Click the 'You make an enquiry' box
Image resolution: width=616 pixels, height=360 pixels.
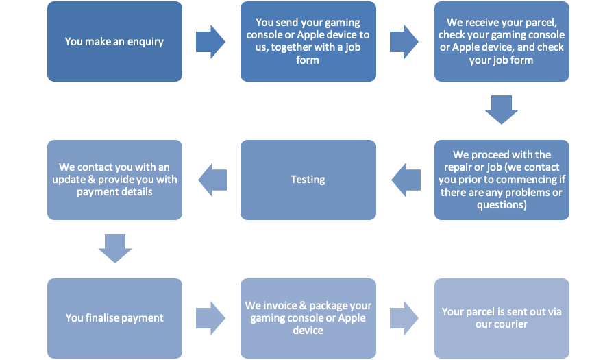(x=114, y=42)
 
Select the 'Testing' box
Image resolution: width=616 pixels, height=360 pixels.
(x=308, y=180)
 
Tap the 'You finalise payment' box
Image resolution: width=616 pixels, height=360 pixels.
(x=114, y=318)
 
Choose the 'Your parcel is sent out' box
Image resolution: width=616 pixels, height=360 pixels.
(x=502, y=318)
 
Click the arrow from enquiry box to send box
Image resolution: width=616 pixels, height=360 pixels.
(x=210, y=42)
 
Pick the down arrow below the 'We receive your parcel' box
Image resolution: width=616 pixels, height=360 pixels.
(x=502, y=110)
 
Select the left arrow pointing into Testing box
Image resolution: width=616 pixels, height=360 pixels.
(x=406, y=180)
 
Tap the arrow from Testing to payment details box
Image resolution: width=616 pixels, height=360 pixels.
(x=212, y=180)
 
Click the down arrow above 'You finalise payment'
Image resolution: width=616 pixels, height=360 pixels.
(x=115, y=248)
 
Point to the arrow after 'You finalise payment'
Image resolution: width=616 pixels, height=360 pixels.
(x=210, y=318)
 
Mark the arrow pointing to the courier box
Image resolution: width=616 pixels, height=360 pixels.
(x=404, y=318)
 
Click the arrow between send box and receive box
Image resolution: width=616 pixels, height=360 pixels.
(x=404, y=42)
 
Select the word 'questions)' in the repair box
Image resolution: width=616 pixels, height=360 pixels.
(x=502, y=205)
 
